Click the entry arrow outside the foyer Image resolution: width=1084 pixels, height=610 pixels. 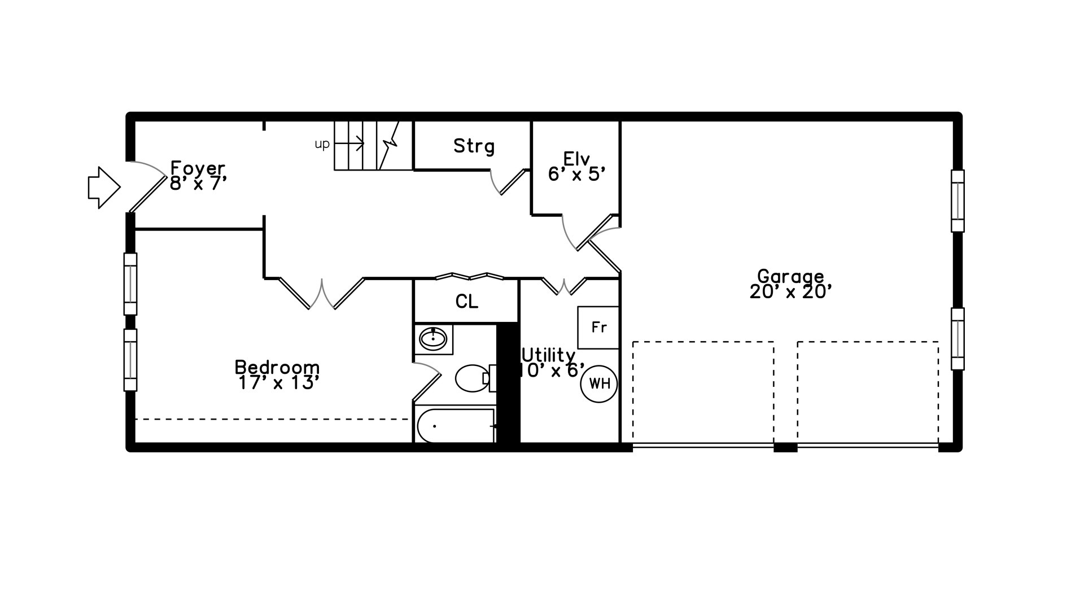point(104,188)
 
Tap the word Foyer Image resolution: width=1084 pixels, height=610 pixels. point(198,168)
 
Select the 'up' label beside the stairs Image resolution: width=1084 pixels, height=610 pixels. point(322,145)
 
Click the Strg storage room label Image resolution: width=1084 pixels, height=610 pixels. point(474,146)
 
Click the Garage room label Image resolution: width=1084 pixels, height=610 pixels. point(790,276)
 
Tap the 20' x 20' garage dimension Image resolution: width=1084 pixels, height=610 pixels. point(791,292)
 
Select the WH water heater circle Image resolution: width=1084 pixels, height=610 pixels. point(599,384)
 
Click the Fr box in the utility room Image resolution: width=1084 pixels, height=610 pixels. point(598,328)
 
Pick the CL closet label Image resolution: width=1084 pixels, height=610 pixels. point(467,302)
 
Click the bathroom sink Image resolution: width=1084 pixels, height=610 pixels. point(433,339)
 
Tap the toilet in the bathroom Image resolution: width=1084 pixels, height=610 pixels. point(475,378)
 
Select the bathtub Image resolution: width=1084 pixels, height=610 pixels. point(456,426)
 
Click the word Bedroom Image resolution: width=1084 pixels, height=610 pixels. point(277,367)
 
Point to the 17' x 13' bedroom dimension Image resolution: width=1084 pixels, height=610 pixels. point(279,383)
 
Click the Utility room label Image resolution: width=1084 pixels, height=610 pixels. point(548,355)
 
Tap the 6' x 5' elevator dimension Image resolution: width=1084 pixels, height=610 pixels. point(577,174)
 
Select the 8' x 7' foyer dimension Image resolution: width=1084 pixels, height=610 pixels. point(198,183)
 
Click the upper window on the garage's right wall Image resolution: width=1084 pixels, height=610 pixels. point(958,201)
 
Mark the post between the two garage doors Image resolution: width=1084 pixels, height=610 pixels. point(785,447)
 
